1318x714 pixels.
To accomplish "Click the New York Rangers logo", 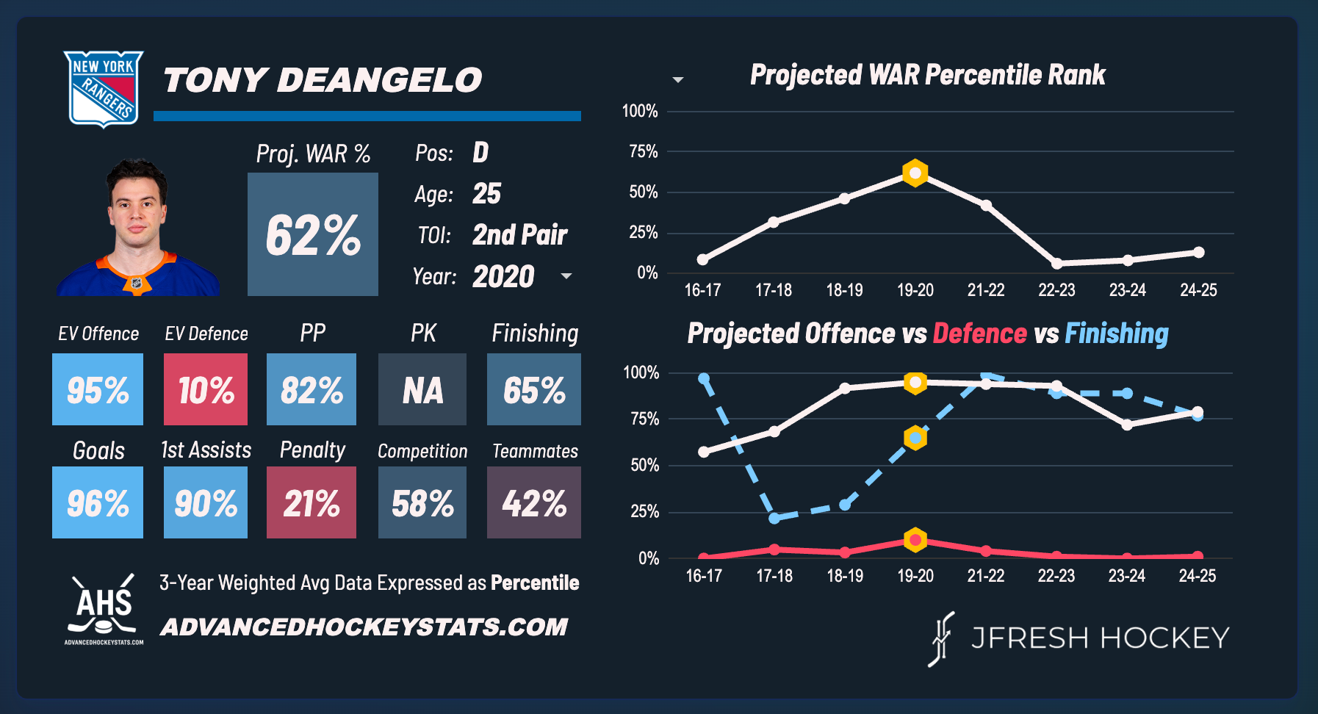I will click(x=103, y=88).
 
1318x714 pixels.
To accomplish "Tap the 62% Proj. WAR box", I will click(x=313, y=234).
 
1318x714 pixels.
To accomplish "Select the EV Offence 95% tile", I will click(x=98, y=389).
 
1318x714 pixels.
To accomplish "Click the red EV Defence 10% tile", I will click(x=206, y=389).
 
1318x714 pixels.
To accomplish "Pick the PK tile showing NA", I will click(x=422, y=389).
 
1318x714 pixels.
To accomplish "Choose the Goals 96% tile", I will click(x=98, y=502).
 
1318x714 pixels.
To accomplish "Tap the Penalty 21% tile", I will click(x=312, y=502).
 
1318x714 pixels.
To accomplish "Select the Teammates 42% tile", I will click(x=534, y=502).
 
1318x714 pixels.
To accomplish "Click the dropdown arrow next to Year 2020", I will click(x=566, y=276).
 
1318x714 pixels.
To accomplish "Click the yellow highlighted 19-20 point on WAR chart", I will click(x=915, y=173).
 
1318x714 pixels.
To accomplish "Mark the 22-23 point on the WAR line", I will click(x=1056, y=263).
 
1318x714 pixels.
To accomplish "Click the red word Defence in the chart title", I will click(x=979, y=333).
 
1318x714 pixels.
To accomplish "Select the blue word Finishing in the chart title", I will click(x=1116, y=333).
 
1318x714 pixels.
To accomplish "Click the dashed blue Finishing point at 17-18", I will click(x=774, y=518).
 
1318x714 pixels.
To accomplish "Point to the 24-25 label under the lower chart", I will click(x=1197, y=576).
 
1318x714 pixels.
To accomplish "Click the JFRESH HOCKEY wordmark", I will click(x=1100, y=638).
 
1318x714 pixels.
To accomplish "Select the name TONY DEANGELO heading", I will click(x=323, y=80).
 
